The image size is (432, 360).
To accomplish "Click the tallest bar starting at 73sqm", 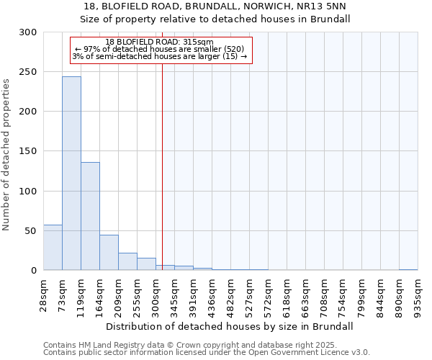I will pyautogui.click(x=71, y=173).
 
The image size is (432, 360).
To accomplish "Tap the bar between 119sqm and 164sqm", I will pyautogui.click(x=90, y=216).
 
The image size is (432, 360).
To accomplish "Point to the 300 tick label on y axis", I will pyautogui.click(x=28, y=32).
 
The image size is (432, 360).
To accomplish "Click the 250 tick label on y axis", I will pyautogui.click(x=28, y=72).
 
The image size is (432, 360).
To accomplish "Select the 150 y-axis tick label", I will pyautogui.click(x=28, y=151).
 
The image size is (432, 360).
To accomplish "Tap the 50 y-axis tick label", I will pyautogui.click(x=31, y=231).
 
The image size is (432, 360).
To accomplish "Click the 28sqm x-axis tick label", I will pyautogui.click(x=44, y=294).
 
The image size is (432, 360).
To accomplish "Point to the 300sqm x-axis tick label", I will pyautogui.click(x=156, y=294).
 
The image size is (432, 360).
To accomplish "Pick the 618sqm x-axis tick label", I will pyautogui.click(x=287, y=294).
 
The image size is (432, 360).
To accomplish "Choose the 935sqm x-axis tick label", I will pyautogui.click(x=418, y=294).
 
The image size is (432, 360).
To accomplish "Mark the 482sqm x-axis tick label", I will pyautogui.click(x=231, y=294).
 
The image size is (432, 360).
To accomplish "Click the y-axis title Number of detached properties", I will pyautogui.click(x=7, y=155).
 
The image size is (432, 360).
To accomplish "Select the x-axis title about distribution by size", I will pyautogui.click(x=230, y=326).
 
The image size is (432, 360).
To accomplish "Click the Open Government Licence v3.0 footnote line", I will pyautogui.click(x=206, y=353).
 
